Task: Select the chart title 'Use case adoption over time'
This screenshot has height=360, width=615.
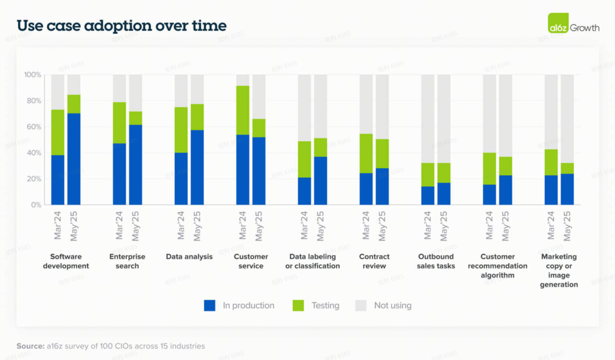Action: click(121, 26)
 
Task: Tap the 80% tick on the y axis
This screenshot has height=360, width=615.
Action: click(33, 101)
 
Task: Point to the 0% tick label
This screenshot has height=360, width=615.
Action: click(36, 205)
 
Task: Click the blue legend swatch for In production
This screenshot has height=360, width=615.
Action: click(209, 306)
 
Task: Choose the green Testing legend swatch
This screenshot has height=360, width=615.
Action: click(298, 306)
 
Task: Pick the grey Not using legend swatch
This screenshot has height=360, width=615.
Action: click(361, 306)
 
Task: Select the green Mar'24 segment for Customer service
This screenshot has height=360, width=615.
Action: click(243, 110)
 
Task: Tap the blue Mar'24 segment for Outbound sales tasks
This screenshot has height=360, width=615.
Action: click(428, 195)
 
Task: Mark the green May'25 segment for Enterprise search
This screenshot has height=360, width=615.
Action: click(136, 118)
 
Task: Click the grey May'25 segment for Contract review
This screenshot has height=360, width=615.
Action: click(382, 107)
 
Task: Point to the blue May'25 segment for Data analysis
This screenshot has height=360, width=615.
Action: click(197, 167)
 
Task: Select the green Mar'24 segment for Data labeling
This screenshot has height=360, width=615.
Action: click(304, 159)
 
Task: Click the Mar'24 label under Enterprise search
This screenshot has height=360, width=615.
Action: click(119, 225)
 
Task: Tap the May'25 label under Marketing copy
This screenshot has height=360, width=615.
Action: click(567, 226)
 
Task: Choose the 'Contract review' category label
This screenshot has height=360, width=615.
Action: click(374, 261)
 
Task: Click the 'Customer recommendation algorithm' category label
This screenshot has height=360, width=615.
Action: click(497, 266)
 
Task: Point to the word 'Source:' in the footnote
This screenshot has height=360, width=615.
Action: click(30, 346)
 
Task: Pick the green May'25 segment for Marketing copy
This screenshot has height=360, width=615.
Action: click(567, 168)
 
